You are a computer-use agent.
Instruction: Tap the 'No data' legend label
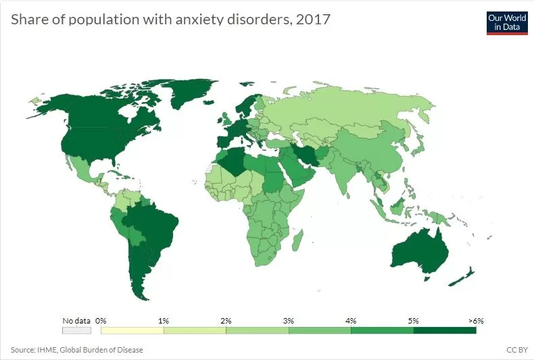76,320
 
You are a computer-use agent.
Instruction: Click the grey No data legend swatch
76,330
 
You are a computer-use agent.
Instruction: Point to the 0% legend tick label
101,320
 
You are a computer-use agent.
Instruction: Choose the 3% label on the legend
289,320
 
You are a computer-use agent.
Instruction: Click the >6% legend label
475,320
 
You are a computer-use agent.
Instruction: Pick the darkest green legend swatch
445,330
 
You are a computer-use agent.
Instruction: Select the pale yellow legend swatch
132,330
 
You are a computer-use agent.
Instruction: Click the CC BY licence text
516,350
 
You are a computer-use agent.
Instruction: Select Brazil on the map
155,223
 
